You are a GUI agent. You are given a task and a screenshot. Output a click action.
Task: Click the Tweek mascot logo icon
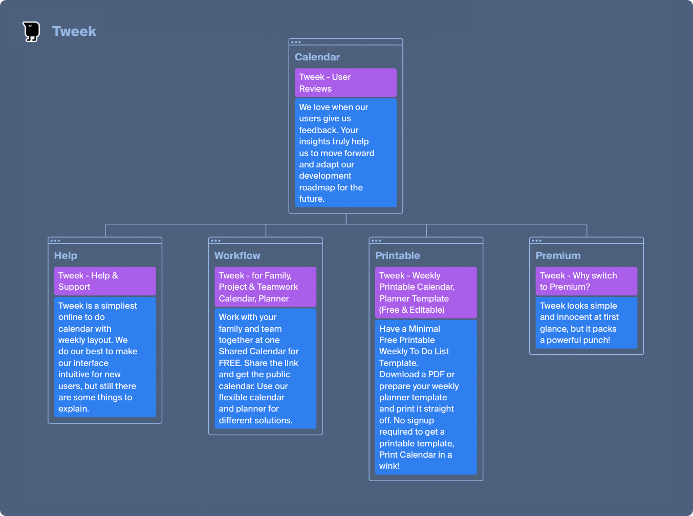coord(31,31)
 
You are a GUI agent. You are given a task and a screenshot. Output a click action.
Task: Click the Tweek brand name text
coord(74,31)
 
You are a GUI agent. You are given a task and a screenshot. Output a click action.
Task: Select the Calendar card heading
coord(317,57)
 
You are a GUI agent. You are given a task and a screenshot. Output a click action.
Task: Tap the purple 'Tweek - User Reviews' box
coord(345,82)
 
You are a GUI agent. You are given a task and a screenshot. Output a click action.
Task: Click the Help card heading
coord(66,255)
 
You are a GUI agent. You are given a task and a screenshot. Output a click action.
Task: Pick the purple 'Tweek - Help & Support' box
coord(105,281)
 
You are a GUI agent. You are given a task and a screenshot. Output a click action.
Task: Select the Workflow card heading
coord(237,255)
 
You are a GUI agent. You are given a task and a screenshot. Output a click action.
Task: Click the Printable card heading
coord(398,255)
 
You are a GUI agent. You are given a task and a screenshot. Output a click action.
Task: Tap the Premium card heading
coord(558,255)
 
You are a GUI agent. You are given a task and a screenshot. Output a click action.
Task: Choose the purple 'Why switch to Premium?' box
coord(587,281)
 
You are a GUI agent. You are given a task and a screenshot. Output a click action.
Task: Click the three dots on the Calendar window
coord(296,42)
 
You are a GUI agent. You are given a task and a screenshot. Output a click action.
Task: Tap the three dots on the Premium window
coord(536,241)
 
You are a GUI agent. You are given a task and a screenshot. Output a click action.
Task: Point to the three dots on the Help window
coord(55,241)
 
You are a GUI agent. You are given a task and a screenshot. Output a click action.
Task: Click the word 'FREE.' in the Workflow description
coord(230,363)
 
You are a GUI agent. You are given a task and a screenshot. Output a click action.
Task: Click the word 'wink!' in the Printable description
coord(389,466)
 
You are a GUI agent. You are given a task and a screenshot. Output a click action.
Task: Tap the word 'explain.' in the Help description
coord(74,409)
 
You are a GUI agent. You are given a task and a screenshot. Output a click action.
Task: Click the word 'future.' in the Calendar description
coord(312,199)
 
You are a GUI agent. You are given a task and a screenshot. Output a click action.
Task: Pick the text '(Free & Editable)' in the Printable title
coord(412,310)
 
